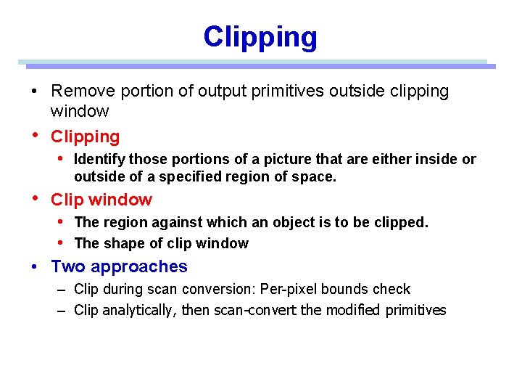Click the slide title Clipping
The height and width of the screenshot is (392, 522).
pyautogui.click(x=260, y=37)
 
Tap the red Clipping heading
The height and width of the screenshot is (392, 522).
pyautogui.click(x=85, y=136)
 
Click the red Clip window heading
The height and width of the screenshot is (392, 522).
pyautogui.click(x=101, y=200)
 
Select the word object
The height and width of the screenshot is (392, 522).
pyautogui.click(x=273, y=222)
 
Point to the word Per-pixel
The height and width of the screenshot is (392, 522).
pyautogui.click(x=286, y=289)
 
